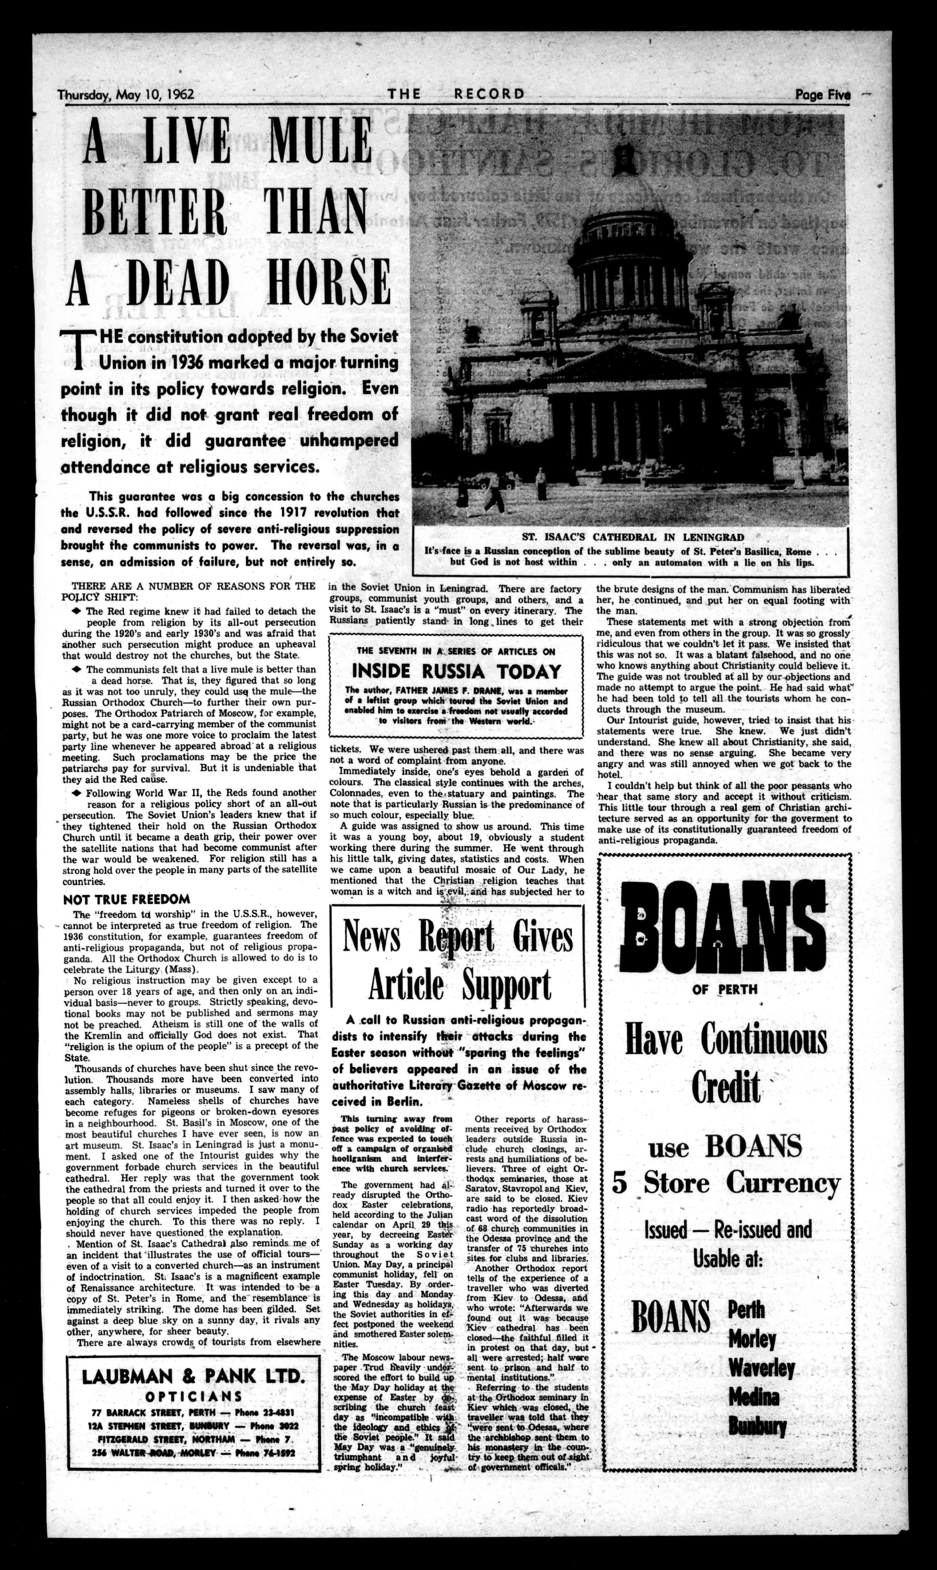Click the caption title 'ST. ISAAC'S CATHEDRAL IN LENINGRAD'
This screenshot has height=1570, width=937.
pyautogui.click(x=633, y=538)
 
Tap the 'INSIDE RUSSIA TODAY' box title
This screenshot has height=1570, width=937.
pyautogui.click(x=456, y=671)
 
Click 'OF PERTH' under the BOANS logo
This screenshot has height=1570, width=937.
pyautogui.click(x=724, y=989)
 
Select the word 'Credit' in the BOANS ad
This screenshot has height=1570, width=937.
pyautogui.click(x=725, y=1087)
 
